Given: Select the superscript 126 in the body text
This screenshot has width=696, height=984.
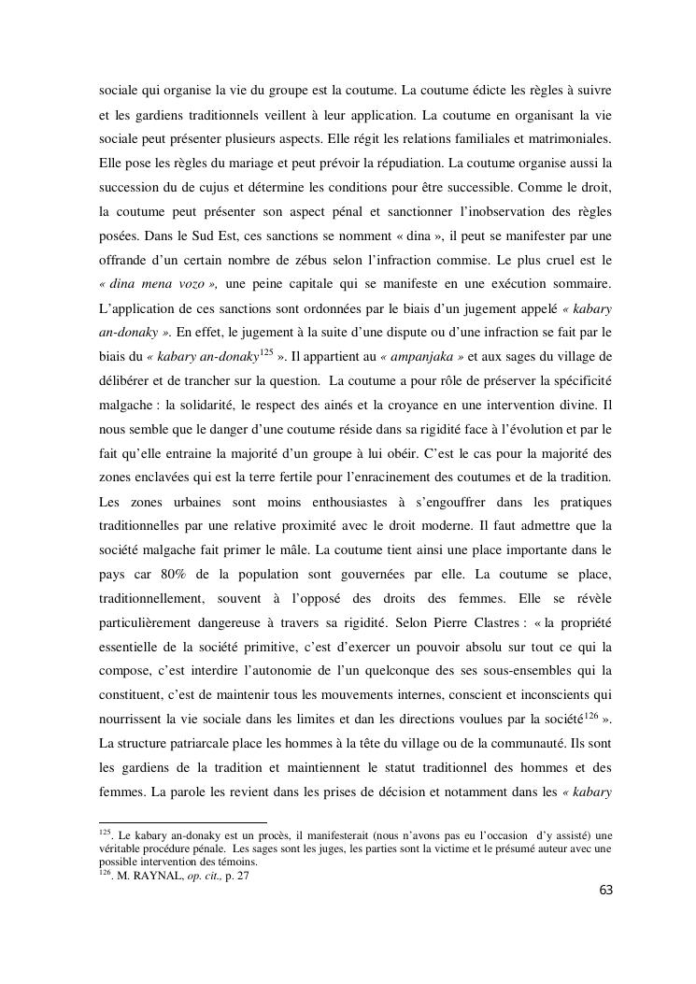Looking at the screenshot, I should [591, 715].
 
